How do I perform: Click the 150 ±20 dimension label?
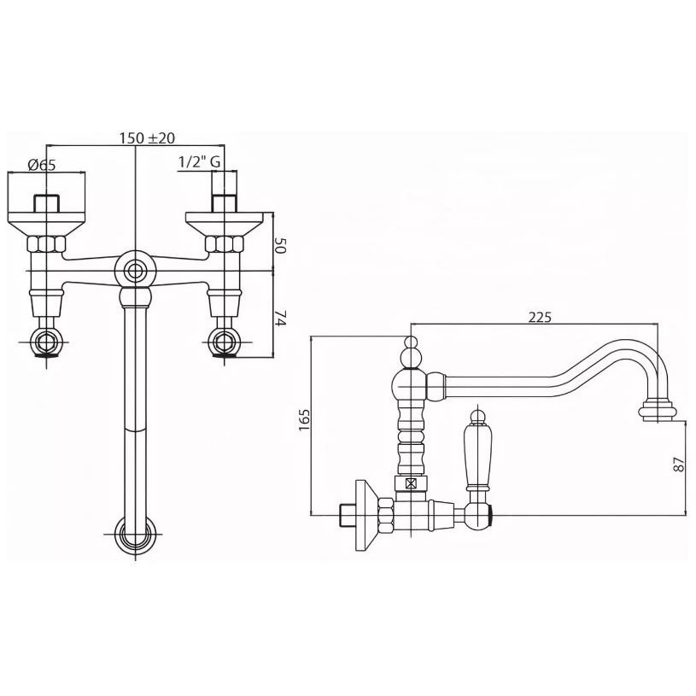(x=147, y=138)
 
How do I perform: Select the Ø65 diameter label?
(x=42, y=165)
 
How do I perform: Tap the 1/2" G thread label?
(x=199, y=162)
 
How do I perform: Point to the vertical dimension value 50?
(x=279, y=245)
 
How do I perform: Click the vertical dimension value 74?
(x=280, y=318)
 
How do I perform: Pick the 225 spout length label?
(x=540, y=317)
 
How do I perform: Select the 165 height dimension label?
(x=305, y=419)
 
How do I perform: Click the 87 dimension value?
(x=679, y=465)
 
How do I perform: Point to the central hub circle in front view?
(x=134, y=271)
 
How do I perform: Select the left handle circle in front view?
(x=46, y=342)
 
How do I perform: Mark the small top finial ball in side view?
(x=412, y=342)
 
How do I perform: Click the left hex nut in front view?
(x=46, y=243)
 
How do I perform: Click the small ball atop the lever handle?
(x=477, y=416)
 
